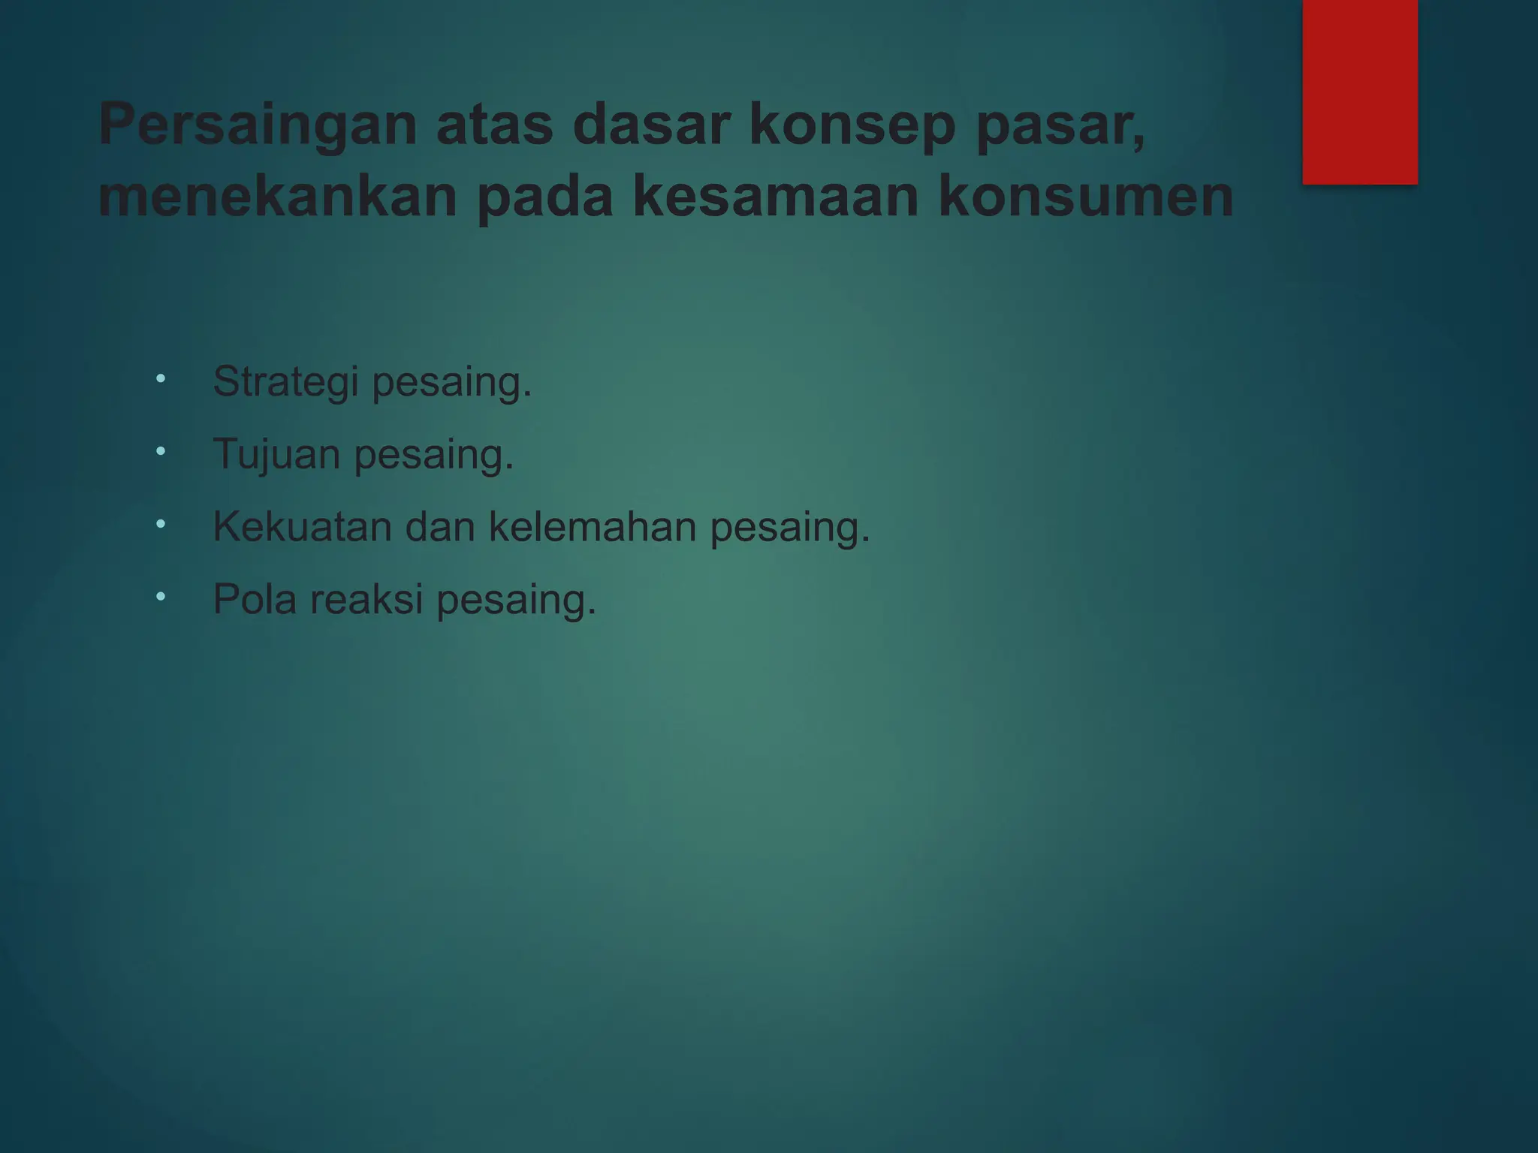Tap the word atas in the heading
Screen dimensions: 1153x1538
[495, 125]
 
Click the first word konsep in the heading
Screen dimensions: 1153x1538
[852, 126]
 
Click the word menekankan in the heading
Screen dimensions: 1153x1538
[278, 197]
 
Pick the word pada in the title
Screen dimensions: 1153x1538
[546, 197]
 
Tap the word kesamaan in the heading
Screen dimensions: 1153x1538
[776, 197]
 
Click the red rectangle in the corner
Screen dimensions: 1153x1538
[1359, 92]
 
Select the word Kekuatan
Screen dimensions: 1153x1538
[302, 526]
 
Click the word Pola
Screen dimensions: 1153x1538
[255, 599]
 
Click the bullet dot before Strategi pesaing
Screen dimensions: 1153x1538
[161, 379]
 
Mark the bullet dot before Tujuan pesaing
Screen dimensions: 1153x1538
[161, 451]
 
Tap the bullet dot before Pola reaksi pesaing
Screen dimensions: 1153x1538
[161, 597]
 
